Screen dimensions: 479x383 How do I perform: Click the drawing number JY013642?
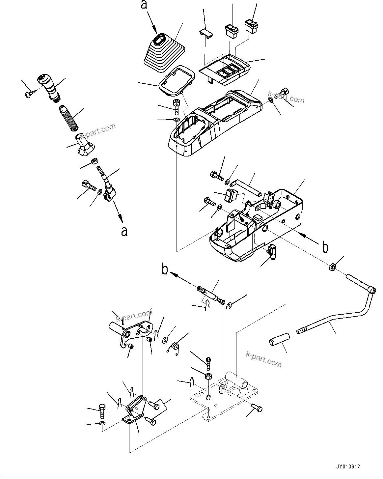point(348,467)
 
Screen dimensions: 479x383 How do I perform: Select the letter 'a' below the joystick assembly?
point(124,231)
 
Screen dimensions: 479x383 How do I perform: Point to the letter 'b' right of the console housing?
point(325,247)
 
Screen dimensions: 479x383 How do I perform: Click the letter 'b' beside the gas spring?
point(165,269)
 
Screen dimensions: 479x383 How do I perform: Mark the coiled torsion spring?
point(175,348)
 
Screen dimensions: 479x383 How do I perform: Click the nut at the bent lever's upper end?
point(332,267)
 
